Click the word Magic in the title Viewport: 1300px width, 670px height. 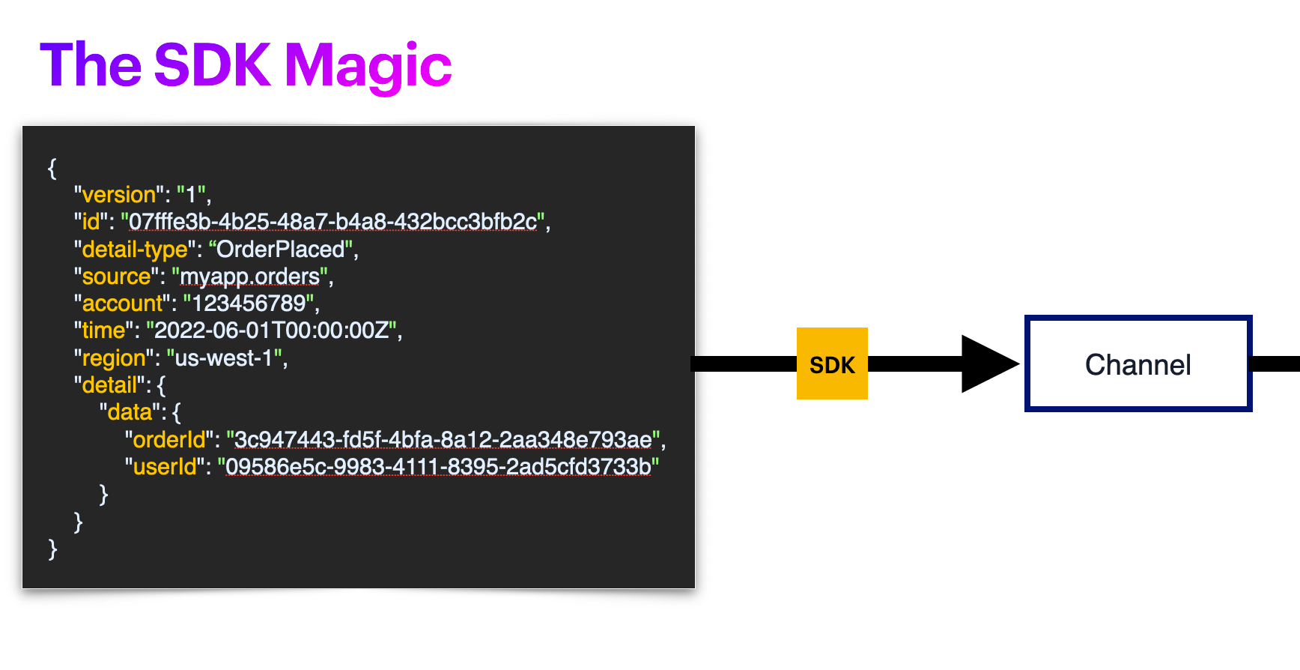(368, 66)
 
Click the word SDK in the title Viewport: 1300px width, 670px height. (212, 64)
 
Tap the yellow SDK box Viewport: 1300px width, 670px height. (832, 364)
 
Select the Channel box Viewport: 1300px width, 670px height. (1137, 364)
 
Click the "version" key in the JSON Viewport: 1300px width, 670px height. (118, 195)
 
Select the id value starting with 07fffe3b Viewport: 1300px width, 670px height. (332, 222)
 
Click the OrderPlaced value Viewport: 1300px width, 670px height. (280, 249)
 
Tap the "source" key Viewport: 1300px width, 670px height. (116, 277)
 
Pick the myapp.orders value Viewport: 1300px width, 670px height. (250, 277)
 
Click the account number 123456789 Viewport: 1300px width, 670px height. (249, 304)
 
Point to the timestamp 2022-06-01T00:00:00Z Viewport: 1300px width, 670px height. (271, 331)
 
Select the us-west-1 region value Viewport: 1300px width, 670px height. (223, 358)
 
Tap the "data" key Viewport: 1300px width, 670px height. (130, 412)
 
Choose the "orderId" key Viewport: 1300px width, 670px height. (168, 440)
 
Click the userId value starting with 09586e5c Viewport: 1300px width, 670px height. (438, 467)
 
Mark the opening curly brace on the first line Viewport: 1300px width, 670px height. (52, 168)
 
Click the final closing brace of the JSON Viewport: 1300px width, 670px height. (52, 549)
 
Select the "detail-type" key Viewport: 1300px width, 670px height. (134, 249)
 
